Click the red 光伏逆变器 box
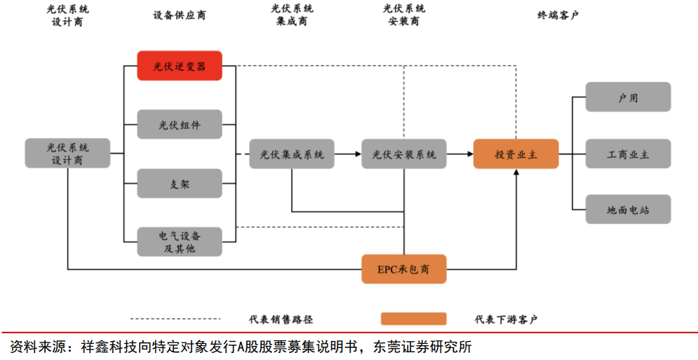click(180, 66)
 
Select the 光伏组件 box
click(180, 125)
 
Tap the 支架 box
click(180, 184)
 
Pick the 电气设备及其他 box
click(180, 241)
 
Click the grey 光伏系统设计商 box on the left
click(67, 153)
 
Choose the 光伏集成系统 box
click(292, 154)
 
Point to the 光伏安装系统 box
click(404, 154)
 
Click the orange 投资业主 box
click(516, 154)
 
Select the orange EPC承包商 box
click(404, 269)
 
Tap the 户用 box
click(629, 97)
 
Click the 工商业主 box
click(629, 154)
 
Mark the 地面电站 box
click(629, 210)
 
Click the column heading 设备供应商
click(180, 15)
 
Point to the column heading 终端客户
click(558, 15)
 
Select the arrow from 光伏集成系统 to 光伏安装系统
click(348, 154)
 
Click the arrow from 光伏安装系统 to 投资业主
click(460, 154)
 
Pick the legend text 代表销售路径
click(281, 319)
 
